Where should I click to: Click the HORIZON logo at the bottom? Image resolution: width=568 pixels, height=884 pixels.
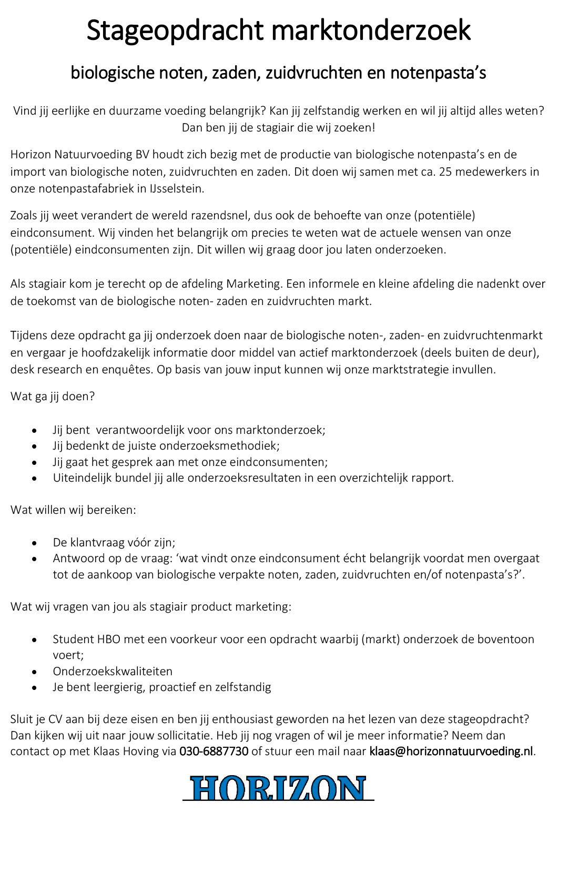pyautogui.click(x=278, y=788)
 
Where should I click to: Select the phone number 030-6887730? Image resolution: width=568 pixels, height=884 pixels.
pyautogui.click(x=214, y=751)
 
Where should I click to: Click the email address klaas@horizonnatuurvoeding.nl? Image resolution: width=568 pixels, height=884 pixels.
pyautogui.click(x=451, y=751)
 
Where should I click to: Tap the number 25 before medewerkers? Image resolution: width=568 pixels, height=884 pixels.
pyautogui.click(x=445, y=172)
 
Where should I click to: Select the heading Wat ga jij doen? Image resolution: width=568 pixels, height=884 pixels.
pyautogui.click(x=53, y=397)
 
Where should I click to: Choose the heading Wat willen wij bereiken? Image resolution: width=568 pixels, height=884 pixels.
pyautogui.click(x=73, y=510)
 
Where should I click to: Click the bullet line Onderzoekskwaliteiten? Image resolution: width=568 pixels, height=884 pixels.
pyautogui.click(x=113, y=672)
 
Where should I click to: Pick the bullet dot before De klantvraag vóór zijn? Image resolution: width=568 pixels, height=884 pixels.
pyautogui.click(x=34, y=543)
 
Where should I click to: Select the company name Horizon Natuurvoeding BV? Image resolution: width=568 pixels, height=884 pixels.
pyautogui.click(x=79, y=155)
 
